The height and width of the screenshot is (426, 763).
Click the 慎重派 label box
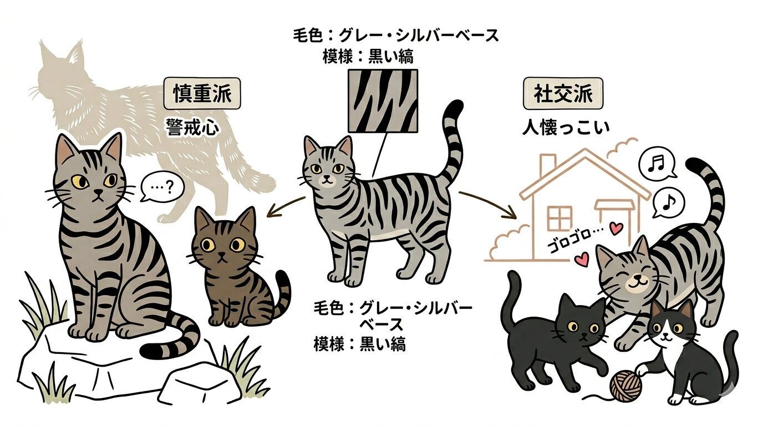click(202, 93)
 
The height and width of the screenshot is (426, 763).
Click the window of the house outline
click(559, 217)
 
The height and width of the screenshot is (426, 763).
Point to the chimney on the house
click(548, 164)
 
